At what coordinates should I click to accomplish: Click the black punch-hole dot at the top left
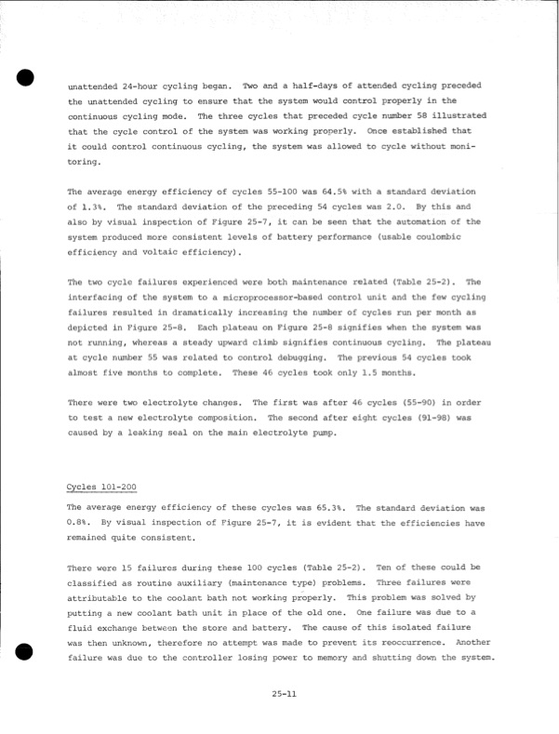pos(25,76)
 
